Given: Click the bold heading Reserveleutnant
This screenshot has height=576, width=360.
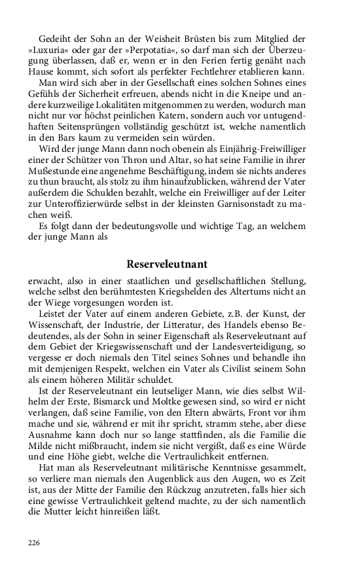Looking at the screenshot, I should click(x=167, y=264).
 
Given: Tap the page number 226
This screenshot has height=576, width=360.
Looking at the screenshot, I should click(x=34, y=543).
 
